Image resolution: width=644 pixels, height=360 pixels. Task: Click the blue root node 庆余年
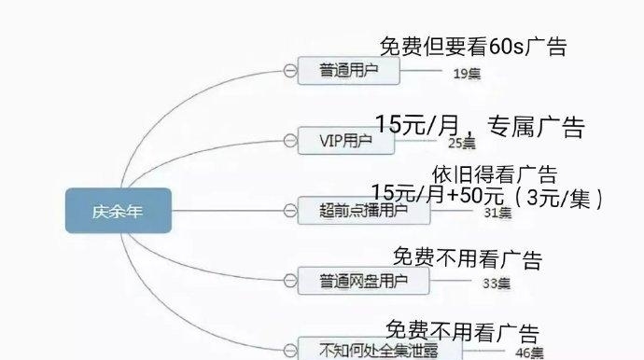click(x=118, y=211)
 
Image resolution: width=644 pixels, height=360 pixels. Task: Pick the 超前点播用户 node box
click(x=362, y=210)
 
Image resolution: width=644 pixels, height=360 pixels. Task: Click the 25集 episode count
click(x=461, y=143)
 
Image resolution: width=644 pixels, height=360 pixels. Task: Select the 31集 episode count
click(x=497, y=213)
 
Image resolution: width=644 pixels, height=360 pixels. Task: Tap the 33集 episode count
click(x=497, y=283)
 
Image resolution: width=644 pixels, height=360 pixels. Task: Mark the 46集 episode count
click(x=529, y=353)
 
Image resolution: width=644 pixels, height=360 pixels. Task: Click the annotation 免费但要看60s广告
click(x=473, y=47)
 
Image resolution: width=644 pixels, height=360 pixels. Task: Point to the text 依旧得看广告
click(x=495, y=174)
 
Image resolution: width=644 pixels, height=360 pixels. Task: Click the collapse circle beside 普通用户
click(x=289, y=71)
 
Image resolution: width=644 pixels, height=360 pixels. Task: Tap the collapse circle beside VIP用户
click(x=289, y=141)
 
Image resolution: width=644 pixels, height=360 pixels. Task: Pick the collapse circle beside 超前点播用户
click(x=289, y=210)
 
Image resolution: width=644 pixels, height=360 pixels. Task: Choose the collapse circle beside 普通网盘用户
click(x=289, y=280)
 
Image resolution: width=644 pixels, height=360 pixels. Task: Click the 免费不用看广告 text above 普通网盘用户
click(x=466, y=258)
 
